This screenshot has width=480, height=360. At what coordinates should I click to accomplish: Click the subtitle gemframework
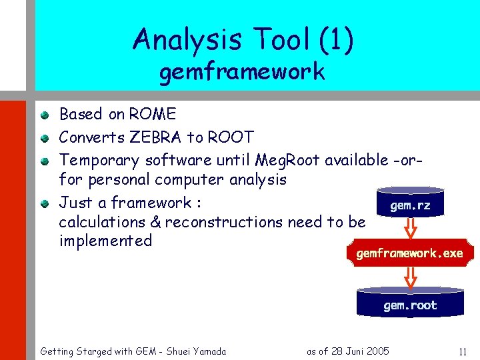click(x=241, y=72)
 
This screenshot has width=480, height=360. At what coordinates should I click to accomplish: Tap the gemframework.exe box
click(x=409, y=254)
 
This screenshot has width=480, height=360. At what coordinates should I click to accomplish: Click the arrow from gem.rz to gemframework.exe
click(x=410, y=229)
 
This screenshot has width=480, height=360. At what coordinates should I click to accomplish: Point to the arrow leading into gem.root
click(x=410, y=277)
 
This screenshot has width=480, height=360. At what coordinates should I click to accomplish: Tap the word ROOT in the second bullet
click(x=231, y=137)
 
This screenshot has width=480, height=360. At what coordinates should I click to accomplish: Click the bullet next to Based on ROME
click(x=44, y=115)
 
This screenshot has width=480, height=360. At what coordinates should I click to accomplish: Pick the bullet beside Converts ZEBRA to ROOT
click(x=44, y=138)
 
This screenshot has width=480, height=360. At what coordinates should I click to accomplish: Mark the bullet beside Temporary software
click(x=44, y=161)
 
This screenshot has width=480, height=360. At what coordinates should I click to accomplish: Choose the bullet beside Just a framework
click(x=44, y=203)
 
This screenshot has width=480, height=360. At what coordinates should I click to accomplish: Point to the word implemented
click(x=105, y=240)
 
